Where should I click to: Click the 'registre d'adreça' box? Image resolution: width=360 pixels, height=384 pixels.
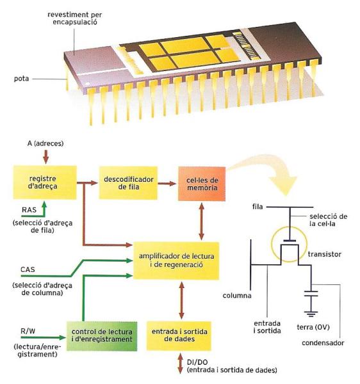point(45,182)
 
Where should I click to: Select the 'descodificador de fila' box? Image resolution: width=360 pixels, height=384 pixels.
point(128,182)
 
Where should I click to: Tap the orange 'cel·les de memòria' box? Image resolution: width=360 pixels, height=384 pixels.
point(202,184)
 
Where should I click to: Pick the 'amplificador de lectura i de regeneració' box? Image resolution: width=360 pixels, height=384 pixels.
point(176,261)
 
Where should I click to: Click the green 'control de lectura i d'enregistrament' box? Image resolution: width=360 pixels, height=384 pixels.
point(102,336)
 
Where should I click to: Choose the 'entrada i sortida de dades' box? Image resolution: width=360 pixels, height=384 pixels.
point(179,336)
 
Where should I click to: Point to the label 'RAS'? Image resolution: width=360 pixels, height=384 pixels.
point(29,210)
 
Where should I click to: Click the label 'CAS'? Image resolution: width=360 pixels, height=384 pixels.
point(28,269)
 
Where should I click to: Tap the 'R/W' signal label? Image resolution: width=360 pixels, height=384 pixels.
point(28,332)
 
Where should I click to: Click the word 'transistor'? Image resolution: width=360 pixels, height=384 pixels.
point(325,254)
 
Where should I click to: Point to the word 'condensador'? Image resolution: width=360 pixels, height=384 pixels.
point(323,343)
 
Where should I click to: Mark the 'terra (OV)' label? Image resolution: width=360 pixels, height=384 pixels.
point(313,327)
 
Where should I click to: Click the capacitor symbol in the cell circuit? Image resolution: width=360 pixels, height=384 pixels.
point(311,294)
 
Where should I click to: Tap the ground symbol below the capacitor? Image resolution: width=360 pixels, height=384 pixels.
point(311,314)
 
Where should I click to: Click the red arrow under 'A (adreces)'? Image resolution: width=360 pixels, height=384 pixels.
point(46,157)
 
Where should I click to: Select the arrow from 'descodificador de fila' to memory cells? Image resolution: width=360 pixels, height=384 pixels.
point(167,183)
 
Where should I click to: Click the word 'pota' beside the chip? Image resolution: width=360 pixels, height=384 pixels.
point(21,79)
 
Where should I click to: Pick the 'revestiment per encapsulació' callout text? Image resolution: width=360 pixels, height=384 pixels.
point(75,19)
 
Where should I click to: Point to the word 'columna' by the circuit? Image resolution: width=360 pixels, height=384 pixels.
point(237,296)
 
